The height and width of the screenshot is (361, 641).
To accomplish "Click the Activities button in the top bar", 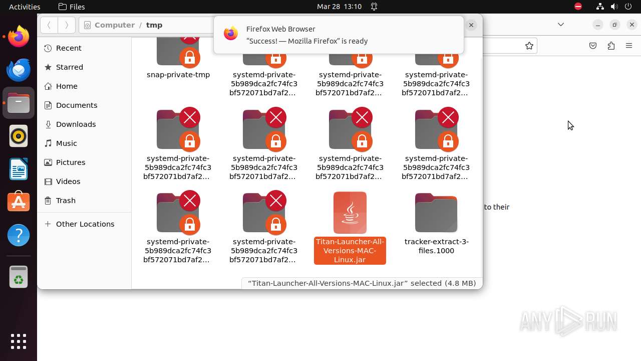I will click(x=25, y=7).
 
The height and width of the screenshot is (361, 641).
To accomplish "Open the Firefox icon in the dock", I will click(x=19, y=37).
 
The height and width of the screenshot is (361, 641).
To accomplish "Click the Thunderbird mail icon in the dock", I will click(x=19, y=70).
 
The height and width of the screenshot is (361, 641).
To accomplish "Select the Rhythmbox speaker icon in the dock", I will click(x=19, y=136).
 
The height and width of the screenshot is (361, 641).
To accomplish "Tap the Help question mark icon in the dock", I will click(x=19, y=235).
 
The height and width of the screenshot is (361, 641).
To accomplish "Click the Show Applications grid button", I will click(x=19, y=341).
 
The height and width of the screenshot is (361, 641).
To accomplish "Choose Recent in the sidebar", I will click(x=69, y=48).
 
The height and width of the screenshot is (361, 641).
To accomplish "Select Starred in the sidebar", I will click(x=70, y=67).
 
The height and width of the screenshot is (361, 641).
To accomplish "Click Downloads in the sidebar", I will click(x=76, y=124).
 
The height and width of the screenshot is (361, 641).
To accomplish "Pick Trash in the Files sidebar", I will click(x=66, y=201).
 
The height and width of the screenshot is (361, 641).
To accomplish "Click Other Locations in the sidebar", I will click(x=85, y=224).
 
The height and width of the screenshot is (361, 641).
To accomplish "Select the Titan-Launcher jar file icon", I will click(x=350, y=213).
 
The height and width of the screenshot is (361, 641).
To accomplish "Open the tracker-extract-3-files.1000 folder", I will click(x=436, y=213).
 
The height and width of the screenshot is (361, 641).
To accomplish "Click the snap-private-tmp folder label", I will click(x=178, y=75).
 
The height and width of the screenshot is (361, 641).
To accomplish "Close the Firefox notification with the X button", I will click(x=471, y=25).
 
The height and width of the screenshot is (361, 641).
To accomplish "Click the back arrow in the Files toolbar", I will click(x=49, y=25).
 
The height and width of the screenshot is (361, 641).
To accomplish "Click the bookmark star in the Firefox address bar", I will click(x=529, y=46).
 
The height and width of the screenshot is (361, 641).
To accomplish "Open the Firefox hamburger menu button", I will click(x=629, y=46).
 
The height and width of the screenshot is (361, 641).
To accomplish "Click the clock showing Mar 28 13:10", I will click(x=339, y=7).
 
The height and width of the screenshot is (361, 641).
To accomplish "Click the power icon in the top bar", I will click(x=628, y=7).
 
